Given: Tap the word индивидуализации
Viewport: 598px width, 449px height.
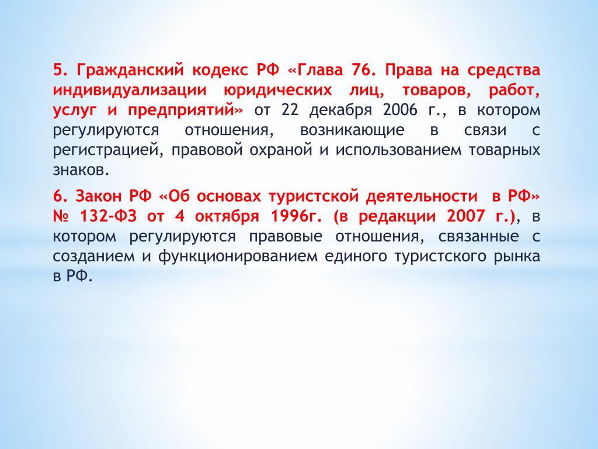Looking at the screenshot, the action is (x=129, y=91).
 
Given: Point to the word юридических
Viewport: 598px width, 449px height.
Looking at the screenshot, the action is (x=277, y=91).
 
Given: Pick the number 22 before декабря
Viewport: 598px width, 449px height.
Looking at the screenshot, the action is (x=290, y=110).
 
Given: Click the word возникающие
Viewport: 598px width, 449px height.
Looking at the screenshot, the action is (x=352, y=130).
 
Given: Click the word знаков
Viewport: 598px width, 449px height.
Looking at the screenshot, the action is (x=81, y=170).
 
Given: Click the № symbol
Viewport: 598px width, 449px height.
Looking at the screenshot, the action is (x=61, y=216).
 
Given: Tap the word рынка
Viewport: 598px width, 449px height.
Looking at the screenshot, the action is (x=517, y=257).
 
